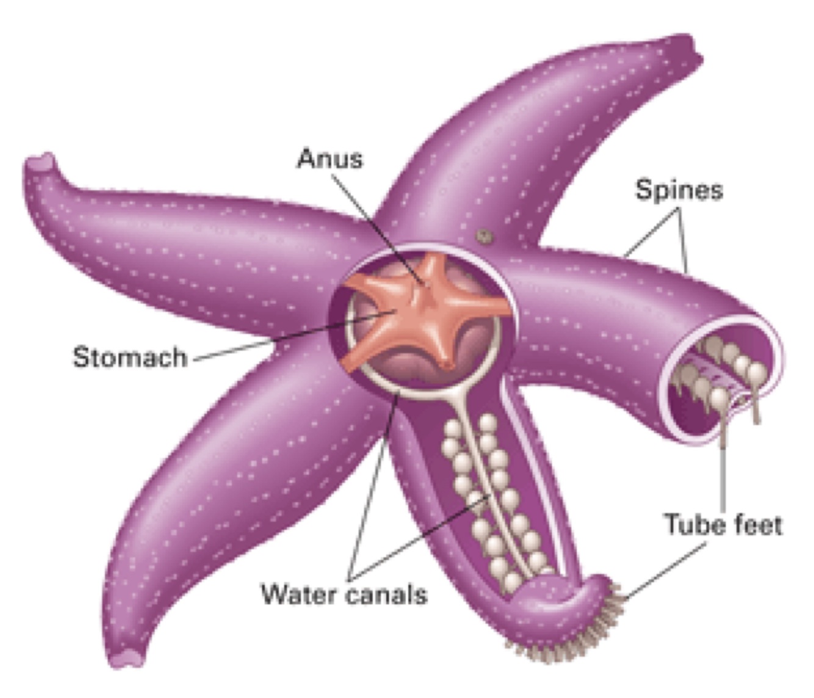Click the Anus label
click(x=330, y=159)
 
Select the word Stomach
click(x=129, y=357)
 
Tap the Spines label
click(x=679, y=190)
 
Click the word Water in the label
click(x=299, y=593)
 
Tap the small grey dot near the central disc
click(x=484, y=236)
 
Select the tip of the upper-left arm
click(x=40, y=168)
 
